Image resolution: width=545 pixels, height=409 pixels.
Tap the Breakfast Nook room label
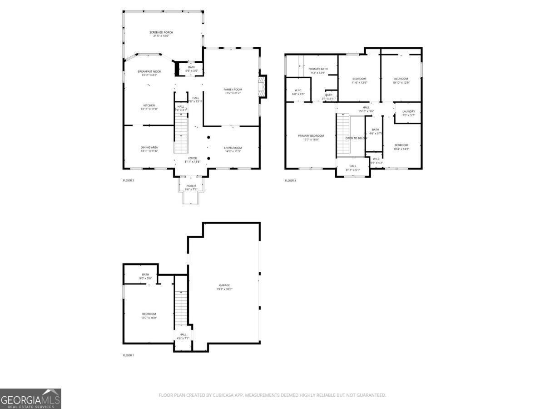pos(149,73)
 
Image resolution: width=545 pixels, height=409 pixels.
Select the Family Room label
pos(233,91)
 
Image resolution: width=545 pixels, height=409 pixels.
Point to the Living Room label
pos(233,149)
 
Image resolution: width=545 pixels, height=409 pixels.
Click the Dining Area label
pos(149,149)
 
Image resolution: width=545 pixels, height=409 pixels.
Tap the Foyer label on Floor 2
pos(193,160)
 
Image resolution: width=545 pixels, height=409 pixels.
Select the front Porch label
pos(191,187)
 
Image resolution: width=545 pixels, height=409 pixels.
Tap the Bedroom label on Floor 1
pos(149,315)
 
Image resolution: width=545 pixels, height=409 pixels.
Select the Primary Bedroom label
pos(311,137)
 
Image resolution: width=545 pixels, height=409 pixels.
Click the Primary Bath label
pos(318,70)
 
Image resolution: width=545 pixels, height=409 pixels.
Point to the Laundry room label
pos(408,113)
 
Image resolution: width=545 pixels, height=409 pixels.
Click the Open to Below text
pos(356,138)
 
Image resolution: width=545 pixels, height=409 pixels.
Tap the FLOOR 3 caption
pos(290,181)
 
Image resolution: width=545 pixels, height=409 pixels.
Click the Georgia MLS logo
pos(30,399)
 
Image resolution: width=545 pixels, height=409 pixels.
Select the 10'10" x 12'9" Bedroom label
pos(401,80)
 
